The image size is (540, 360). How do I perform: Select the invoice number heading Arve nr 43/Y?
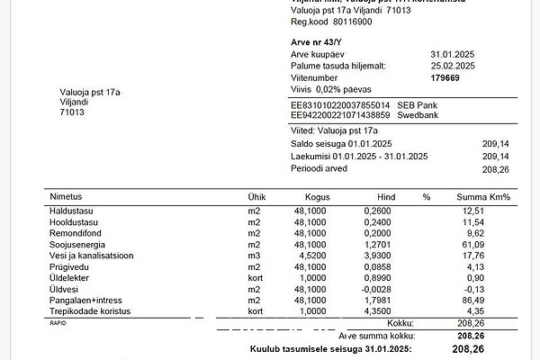point(319,40)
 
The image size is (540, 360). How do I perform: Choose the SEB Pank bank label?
point(418,104)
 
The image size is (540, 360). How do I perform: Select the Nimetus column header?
point(67,196)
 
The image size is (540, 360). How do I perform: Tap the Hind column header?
point(386,196)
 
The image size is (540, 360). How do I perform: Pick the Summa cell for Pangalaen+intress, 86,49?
point(496,300)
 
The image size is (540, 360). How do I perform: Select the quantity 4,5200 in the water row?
point(310,255)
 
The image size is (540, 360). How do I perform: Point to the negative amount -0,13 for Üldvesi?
point(498,289)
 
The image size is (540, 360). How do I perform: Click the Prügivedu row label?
point(72,266)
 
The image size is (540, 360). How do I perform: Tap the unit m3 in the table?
point(254,255)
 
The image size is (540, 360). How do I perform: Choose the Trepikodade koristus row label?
point(91,311)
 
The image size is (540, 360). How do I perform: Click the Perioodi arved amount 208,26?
point(496,168)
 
